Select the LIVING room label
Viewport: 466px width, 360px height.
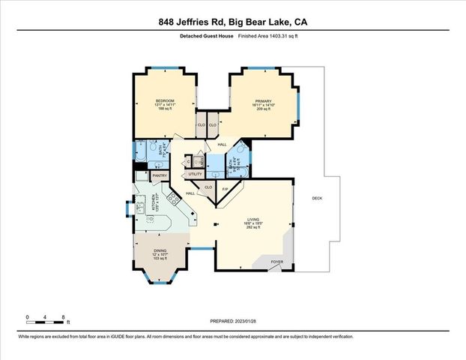pyautogui.click(x=252, y=218)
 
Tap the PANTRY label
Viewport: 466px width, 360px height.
pyautogui.click(x=160, y=175)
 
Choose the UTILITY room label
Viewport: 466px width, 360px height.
pyautogui.click(x=196, y=174)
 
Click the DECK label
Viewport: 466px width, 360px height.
pyautogui.click(x=316, y=198)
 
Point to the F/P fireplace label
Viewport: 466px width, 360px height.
pyautogui.click(x=225, y=188)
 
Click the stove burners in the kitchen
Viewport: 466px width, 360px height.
pyautogui.click(x=172, y=199)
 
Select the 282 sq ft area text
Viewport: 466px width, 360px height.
pyautogui.click(x=252, y=227)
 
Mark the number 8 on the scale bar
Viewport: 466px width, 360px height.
pyautogui.click(x=64, y=317)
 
